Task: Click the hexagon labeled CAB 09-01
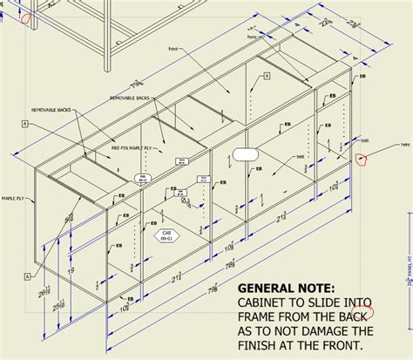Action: [x=166, y=235]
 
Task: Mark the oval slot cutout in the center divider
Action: [x=245, y=154]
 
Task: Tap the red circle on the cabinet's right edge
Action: [x=361, y=158]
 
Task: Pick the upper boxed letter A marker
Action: [x=27, y=126]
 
